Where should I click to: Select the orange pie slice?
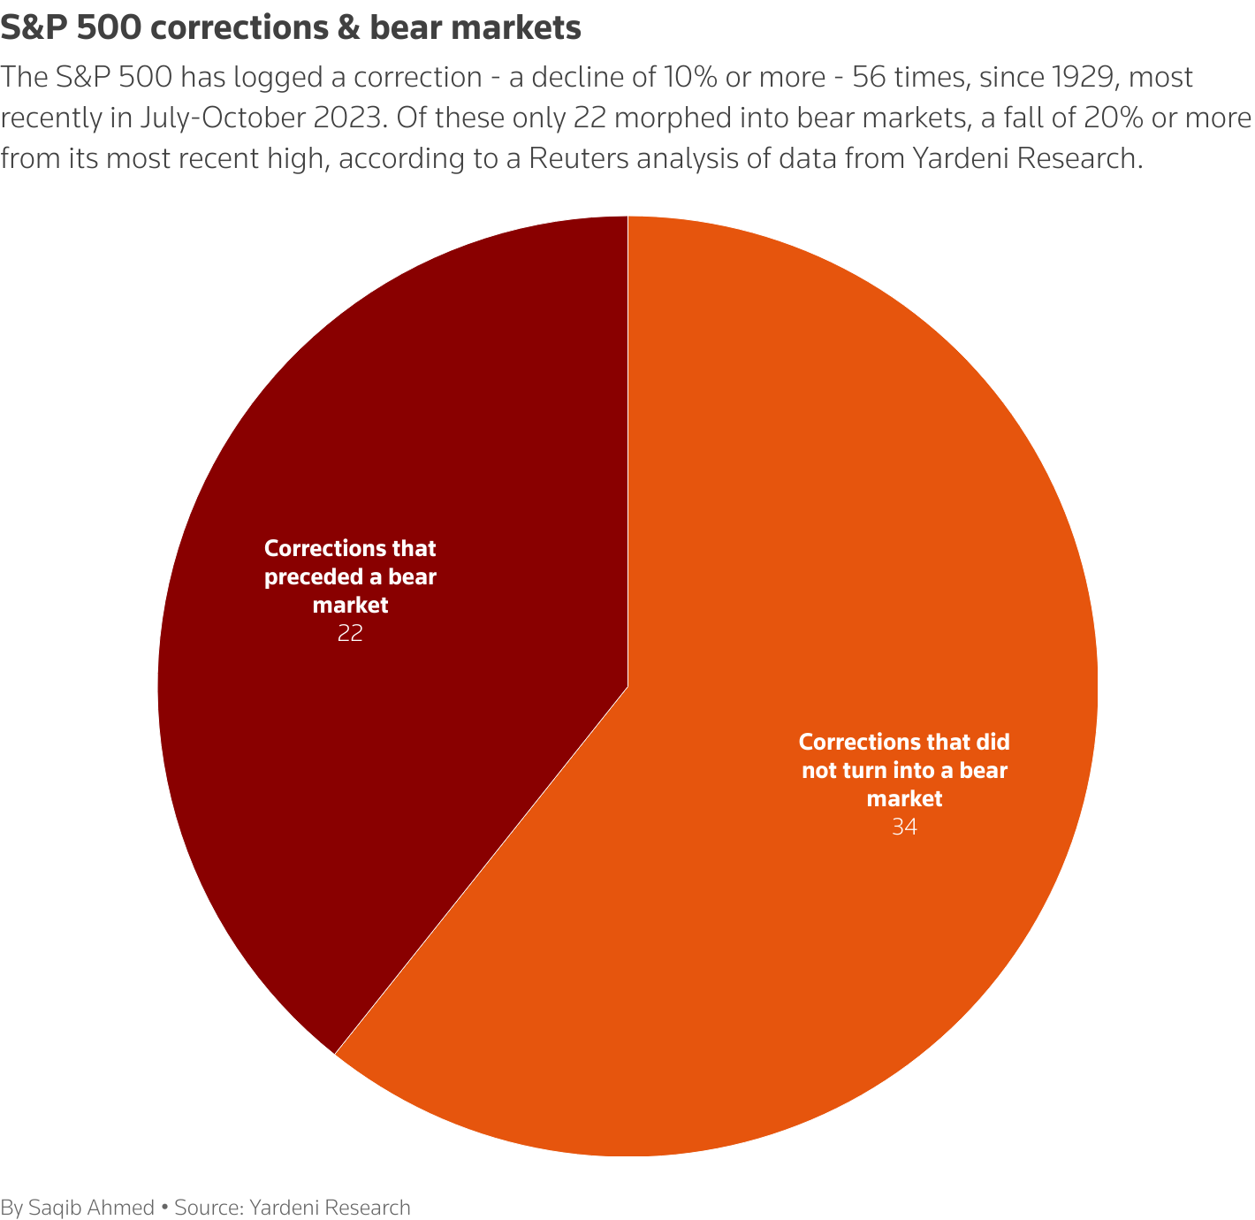795,530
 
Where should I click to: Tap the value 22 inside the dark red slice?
350,634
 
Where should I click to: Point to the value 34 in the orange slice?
904,827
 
